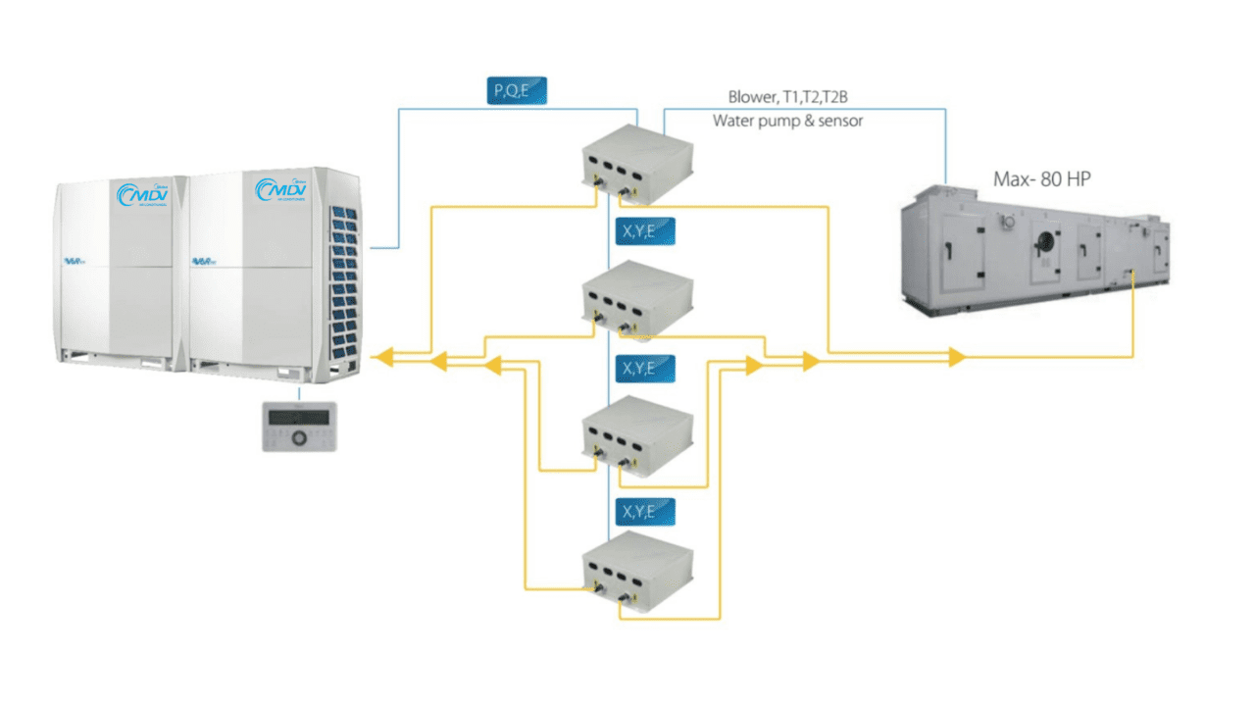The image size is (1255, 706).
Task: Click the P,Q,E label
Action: coord(517,91)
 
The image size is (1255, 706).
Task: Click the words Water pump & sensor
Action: coord(788,122)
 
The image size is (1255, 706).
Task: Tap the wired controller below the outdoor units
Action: coord(299,427)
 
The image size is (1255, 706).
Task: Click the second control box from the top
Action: coord(637,295)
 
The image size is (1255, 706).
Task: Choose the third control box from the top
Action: coord(637,431)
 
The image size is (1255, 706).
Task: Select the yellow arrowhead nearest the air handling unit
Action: coord(957,357)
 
